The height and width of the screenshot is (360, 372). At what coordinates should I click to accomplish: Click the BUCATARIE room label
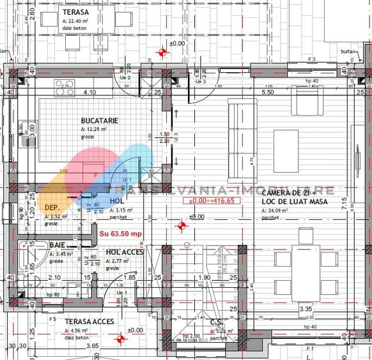99,120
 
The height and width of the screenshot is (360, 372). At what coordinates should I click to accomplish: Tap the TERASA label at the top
76,12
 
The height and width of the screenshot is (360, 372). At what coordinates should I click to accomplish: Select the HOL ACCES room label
125,252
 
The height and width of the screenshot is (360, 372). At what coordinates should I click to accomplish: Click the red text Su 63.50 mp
120,233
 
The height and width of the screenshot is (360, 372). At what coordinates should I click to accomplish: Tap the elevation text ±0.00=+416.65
212,200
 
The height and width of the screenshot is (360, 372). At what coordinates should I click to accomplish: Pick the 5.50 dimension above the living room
268,92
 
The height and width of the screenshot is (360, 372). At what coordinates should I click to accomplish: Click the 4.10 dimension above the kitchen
89,92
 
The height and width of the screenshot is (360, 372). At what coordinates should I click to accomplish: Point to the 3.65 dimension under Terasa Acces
92,346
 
